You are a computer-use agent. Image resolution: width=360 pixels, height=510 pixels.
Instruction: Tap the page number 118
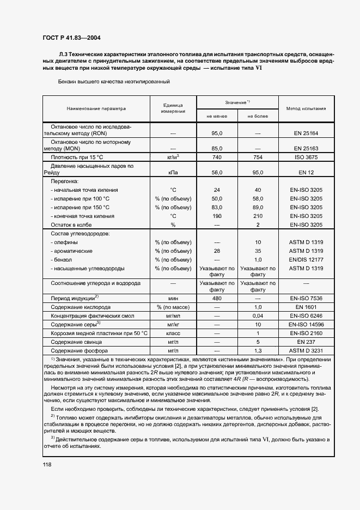point(47,464)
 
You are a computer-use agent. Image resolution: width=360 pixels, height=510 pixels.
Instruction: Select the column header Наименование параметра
point(96,108)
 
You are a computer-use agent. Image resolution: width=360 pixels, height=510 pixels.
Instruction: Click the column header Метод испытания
point(306,108)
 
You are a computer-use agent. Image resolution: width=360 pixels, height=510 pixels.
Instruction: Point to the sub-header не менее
point(217,117)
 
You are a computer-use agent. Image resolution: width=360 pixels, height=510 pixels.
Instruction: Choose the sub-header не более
point(258,117)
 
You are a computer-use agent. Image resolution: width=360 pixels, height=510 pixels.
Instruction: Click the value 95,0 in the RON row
point(217,133)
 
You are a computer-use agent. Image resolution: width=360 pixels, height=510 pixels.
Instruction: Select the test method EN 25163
point(306,148)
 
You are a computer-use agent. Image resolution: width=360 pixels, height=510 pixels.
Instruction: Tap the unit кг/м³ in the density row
point(173,157)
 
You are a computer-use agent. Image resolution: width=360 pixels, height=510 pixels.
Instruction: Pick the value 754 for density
point(258,157)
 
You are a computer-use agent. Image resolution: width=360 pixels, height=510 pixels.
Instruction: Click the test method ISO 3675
point(306,157)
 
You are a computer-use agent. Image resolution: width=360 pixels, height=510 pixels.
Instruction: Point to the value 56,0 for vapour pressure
point(217,172)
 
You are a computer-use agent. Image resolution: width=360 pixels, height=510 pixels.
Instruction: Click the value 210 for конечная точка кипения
point(258,216)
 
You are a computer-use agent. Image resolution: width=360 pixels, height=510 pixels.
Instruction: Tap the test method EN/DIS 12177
point(306,260)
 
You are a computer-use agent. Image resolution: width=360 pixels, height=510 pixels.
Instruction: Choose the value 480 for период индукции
point(217,299)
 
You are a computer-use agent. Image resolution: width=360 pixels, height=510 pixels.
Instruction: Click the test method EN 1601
point(306,307)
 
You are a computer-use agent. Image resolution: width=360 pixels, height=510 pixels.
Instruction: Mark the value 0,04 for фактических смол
point(258,316)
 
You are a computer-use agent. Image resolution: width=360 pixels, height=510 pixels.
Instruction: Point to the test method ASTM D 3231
point(306,351)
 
